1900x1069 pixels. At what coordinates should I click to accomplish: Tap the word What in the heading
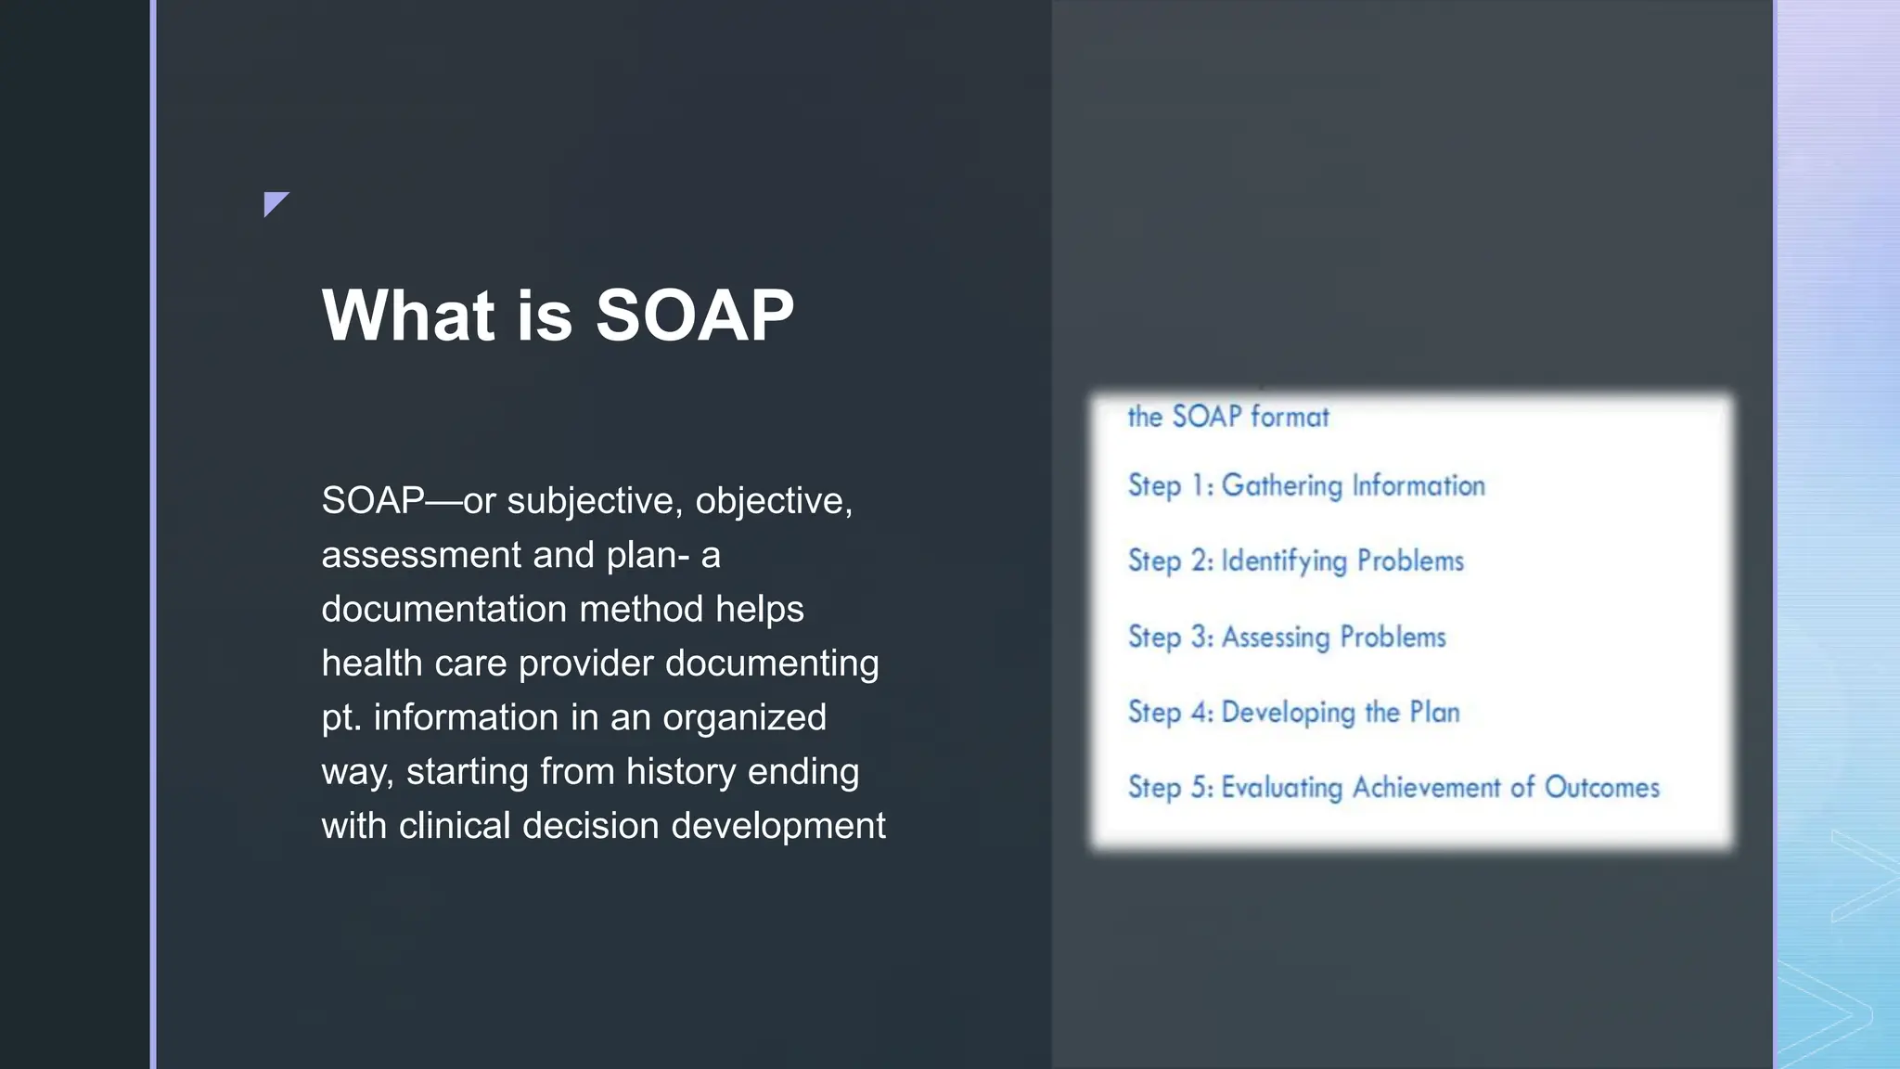coord(407,316)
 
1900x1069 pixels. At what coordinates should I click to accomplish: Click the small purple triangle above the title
coord(274,201)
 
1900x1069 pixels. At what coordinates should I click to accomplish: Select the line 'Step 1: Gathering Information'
coord(1305,485)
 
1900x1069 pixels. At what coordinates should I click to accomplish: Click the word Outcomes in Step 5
coord(1601,787)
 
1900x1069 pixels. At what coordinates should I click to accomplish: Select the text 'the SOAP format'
coord(1227,417)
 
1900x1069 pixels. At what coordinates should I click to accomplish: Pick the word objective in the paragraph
coord(773,501)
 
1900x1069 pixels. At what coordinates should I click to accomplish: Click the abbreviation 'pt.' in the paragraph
coord(340,718)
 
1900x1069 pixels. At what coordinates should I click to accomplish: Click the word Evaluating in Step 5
coord(1281,788)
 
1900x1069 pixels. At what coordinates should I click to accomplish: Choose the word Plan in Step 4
coord(1434,712)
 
